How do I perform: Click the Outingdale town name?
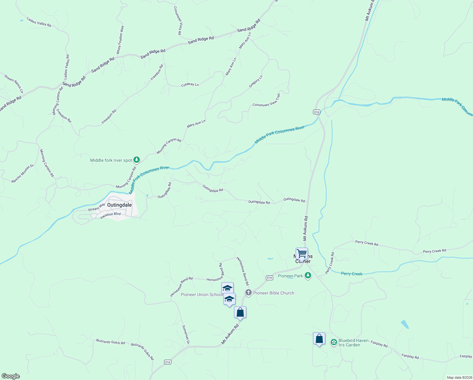(x=119, y=205)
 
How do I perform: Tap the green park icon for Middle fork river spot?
(x=137, y=160)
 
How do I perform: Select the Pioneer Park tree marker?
(x=308, y=276)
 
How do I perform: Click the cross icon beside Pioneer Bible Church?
(x=248, y=293)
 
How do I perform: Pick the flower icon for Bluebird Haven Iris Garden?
(x=334, y=342)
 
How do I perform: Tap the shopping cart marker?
(x=302, y=254)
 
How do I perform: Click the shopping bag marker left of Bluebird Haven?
(x=319, y=339)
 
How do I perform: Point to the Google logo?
(x=11, y=376)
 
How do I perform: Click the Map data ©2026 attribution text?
(x=459, y=377)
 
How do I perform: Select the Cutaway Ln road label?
(x=190, y=85)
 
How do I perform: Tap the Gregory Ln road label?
(x=255, y=81)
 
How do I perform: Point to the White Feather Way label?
(x=120, y=40)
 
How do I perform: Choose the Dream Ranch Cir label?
(x=14, y=84)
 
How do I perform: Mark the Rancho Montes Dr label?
(x=22, y=174)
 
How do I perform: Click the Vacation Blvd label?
(x=110, y=215)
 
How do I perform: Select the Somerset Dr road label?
(x=186, y=335)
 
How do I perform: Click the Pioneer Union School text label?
(x=202, y=294)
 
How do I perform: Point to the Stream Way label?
(x=96, y=207)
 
